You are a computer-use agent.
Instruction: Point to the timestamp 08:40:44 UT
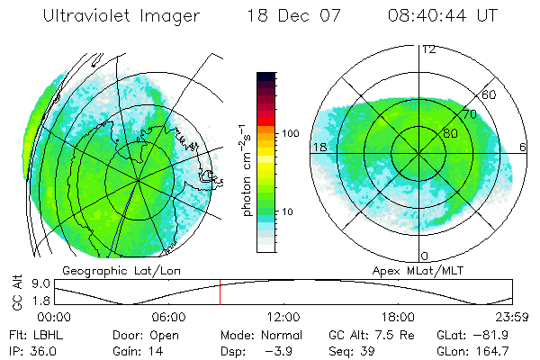point(442,16)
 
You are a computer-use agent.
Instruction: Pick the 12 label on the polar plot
point(428,49)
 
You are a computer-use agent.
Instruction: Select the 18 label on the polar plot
point(319,147)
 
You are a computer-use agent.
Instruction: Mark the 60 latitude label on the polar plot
point(490,94)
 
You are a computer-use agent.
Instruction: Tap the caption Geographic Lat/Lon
point(112,270)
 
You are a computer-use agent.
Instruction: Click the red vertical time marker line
point(220,292)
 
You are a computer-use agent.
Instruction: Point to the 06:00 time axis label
point(169,317)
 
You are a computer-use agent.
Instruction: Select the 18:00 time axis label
point(398,317)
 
